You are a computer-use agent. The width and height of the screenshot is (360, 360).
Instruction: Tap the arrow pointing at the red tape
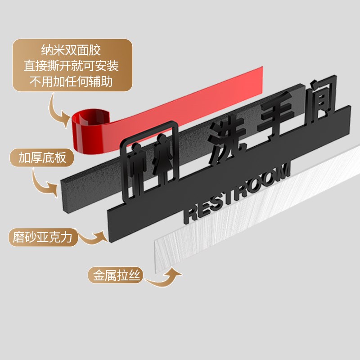58,112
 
